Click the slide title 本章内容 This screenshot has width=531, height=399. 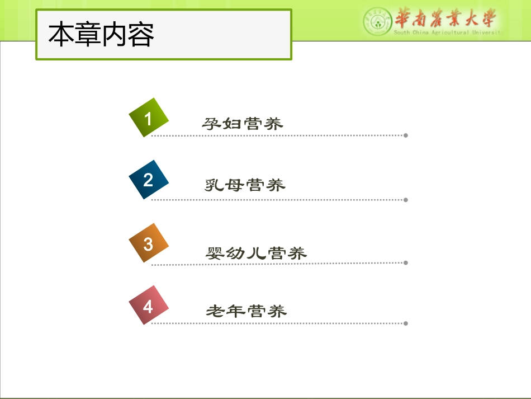[101, 34]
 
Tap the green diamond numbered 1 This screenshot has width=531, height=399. [148, 118]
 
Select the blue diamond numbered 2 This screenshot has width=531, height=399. [148, 180]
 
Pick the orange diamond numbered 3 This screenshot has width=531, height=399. [148, 243]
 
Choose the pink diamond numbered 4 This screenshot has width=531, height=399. [148, 306]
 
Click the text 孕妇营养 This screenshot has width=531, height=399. [243, 124]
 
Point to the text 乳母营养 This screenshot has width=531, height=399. [245, 185]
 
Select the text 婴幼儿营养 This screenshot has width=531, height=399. [256, 253]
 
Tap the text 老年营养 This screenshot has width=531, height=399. [246, 311]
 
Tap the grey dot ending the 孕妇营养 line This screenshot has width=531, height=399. [406, 135]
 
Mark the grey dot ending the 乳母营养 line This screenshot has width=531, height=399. [406, 200]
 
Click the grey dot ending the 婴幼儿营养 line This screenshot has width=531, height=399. [406, 262]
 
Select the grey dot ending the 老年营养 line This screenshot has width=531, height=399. [406, 323]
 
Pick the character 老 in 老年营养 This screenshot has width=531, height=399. [215, 311]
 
